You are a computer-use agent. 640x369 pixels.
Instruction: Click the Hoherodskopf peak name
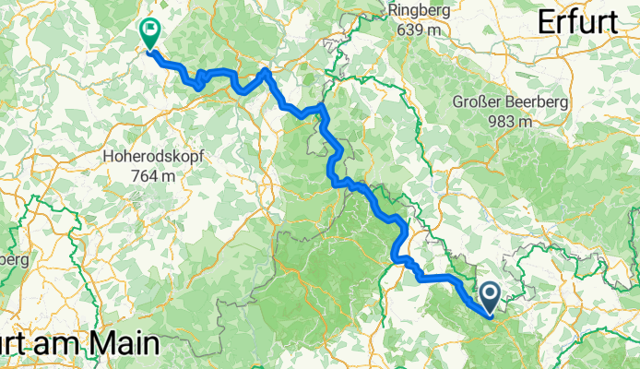pos(155,158)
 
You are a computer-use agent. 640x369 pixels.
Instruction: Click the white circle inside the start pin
pos(490,294)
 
